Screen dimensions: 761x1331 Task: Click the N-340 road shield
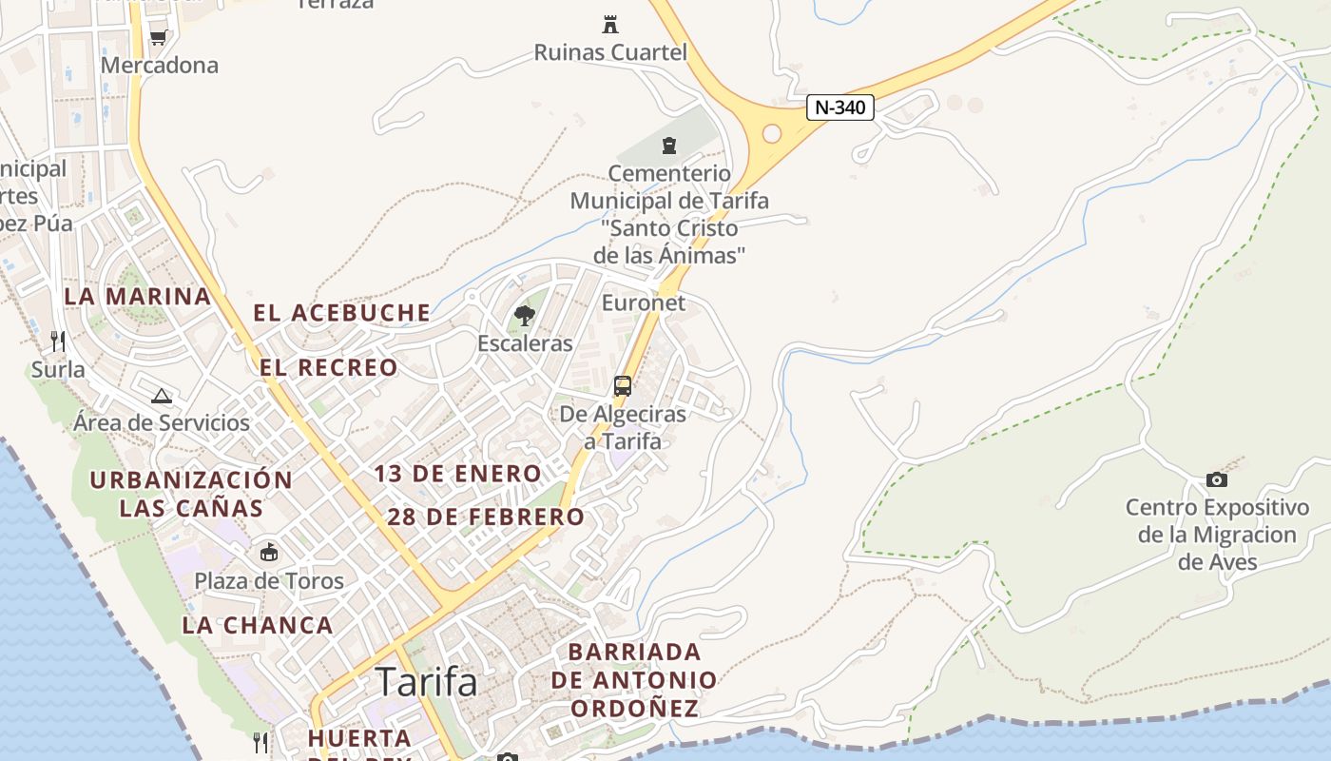[x=840, y=107]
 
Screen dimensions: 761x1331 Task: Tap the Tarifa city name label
[x=426, y=681]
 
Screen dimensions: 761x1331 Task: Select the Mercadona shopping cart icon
[x=159, y=37]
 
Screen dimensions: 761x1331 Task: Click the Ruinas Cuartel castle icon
[x=610, y=25]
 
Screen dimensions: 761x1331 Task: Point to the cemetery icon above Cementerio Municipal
[x=669, y=146]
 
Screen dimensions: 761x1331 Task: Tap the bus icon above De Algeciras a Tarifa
[x=623, y=386]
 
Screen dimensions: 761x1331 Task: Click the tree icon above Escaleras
[x=524, y=316]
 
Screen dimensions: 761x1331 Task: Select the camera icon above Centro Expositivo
[x=1216, y=479]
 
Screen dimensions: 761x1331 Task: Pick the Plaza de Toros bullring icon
[x=269, y=553]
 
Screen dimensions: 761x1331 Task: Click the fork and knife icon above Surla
[x=58, y=341]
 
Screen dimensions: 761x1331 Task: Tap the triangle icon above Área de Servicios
[x=161, y=396]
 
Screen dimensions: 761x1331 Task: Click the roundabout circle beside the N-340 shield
[x=771, y=133]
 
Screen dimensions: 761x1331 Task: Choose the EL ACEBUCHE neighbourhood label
[x=342, y=313]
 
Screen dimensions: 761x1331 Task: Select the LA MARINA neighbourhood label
[x=138, y=297]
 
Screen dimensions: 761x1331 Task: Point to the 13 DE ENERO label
[x=457, y=474]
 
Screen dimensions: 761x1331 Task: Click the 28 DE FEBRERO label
[x=486, y=517]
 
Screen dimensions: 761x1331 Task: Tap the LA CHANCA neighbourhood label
[x=258, y=626]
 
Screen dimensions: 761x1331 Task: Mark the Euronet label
[x=644, y=302]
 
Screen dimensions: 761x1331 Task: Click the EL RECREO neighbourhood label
[x=329, y=367]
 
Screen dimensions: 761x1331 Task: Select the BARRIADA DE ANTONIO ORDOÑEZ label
[x=633, y=680]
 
